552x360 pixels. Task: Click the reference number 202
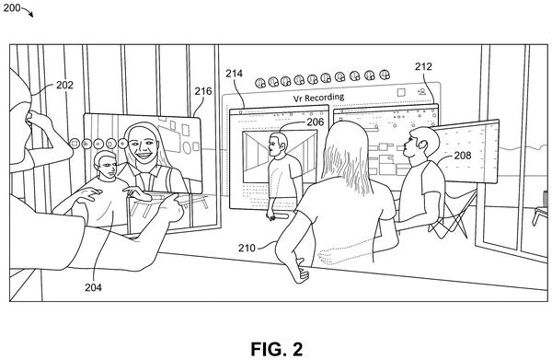(64, 85)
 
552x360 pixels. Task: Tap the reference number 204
(93, 287)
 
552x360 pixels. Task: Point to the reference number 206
(315, 122)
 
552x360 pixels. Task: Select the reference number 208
(462, 156)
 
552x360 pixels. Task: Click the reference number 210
(247, 248)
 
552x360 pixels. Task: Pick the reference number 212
(423, 66)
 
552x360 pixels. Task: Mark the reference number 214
(234, 74)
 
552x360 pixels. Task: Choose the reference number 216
(203, 91)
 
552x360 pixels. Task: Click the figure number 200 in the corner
(12, 7)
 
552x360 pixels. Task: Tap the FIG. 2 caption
(277, 349)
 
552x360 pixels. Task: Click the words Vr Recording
(319, 98)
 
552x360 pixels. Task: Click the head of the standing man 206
(278, 145)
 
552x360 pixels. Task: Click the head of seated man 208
(420, 144)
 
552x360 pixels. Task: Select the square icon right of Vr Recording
(401, 92)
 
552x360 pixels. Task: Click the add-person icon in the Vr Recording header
(421, 91)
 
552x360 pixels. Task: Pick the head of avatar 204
(105, 165)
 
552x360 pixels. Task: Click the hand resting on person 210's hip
(302, 271)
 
